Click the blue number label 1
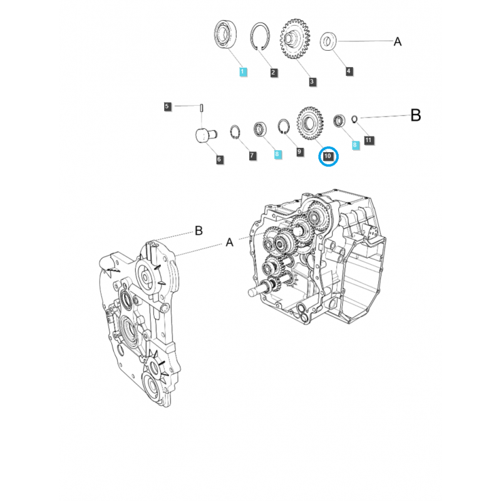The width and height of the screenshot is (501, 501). pyautogui.click(x=243, y=73)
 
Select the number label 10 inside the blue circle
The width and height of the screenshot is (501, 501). pyautogui.click(x=328, y=156)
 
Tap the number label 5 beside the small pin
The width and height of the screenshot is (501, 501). pyautogui.click(x=167, y=106)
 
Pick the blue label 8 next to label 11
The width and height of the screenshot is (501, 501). pyautogui.click(x=355, y=144)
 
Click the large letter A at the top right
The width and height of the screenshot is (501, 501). pyautogui.click(x=397, y=42)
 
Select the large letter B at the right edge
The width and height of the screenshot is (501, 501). pyautogui.click(x=416, y=115)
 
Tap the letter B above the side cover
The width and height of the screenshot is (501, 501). pyautogui.click(x=199, y=231)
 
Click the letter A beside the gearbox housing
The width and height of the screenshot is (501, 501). pyautogui.click(x=229, y=242)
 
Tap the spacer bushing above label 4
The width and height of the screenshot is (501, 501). pyautogui.click(x=329, y=42)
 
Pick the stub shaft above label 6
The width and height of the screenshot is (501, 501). pyautogui.click(x=204, y=133)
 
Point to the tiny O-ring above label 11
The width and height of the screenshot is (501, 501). pyautogui.click(x=354, y=118)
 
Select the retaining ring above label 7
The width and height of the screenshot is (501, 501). pyautogui.click(x=235, y=132)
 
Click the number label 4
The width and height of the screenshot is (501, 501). pyautogui.click(x=349, y=71)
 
